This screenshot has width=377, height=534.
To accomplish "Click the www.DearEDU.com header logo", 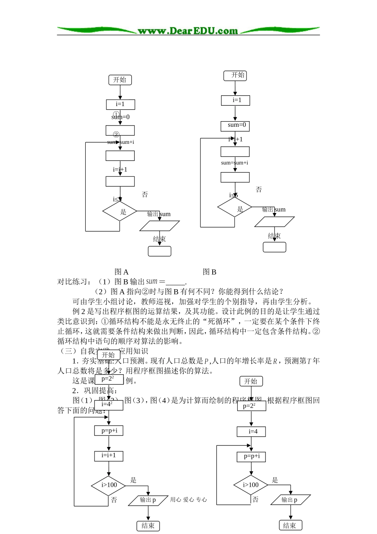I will click(x=188, y=31).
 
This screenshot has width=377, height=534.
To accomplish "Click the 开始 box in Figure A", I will click(x=120, y=80).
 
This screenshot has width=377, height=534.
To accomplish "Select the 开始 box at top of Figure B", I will click(x=235, y=75).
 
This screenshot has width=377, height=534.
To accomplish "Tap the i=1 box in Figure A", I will click(x=120, y=104).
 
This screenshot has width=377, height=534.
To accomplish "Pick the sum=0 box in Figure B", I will click(x=235, y=126).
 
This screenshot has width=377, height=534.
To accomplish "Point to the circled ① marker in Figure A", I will click(x=116, y=114).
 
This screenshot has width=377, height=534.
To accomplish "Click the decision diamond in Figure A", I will click(x=119, y=211).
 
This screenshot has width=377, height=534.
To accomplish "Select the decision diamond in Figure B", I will click(x=235, y=207).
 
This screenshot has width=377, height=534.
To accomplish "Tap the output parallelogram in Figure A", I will click(x=160, y=225).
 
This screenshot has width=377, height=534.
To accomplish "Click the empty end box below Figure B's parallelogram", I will click(x=274, y=247).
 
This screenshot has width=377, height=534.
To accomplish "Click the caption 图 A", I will click(x=121, y=272).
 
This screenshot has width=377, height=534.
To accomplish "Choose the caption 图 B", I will click(x=210, y=272).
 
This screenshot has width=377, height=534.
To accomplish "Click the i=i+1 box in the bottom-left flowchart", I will click(x=109, y=456).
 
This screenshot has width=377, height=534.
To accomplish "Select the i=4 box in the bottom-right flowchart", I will click(x=251, y=431).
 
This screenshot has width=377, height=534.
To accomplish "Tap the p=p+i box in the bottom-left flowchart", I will click(x=109, y=431).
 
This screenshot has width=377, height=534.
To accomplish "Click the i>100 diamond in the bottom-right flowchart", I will click(x=251, y=485).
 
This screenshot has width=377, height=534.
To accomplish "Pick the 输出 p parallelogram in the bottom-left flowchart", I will click(x=148, y=500).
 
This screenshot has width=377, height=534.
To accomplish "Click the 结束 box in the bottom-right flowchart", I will click(x=290, y=525).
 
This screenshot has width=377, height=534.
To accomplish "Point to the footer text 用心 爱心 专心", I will click(x=188, y=500).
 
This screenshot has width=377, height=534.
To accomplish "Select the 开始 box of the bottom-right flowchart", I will click(x=251, y=381).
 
